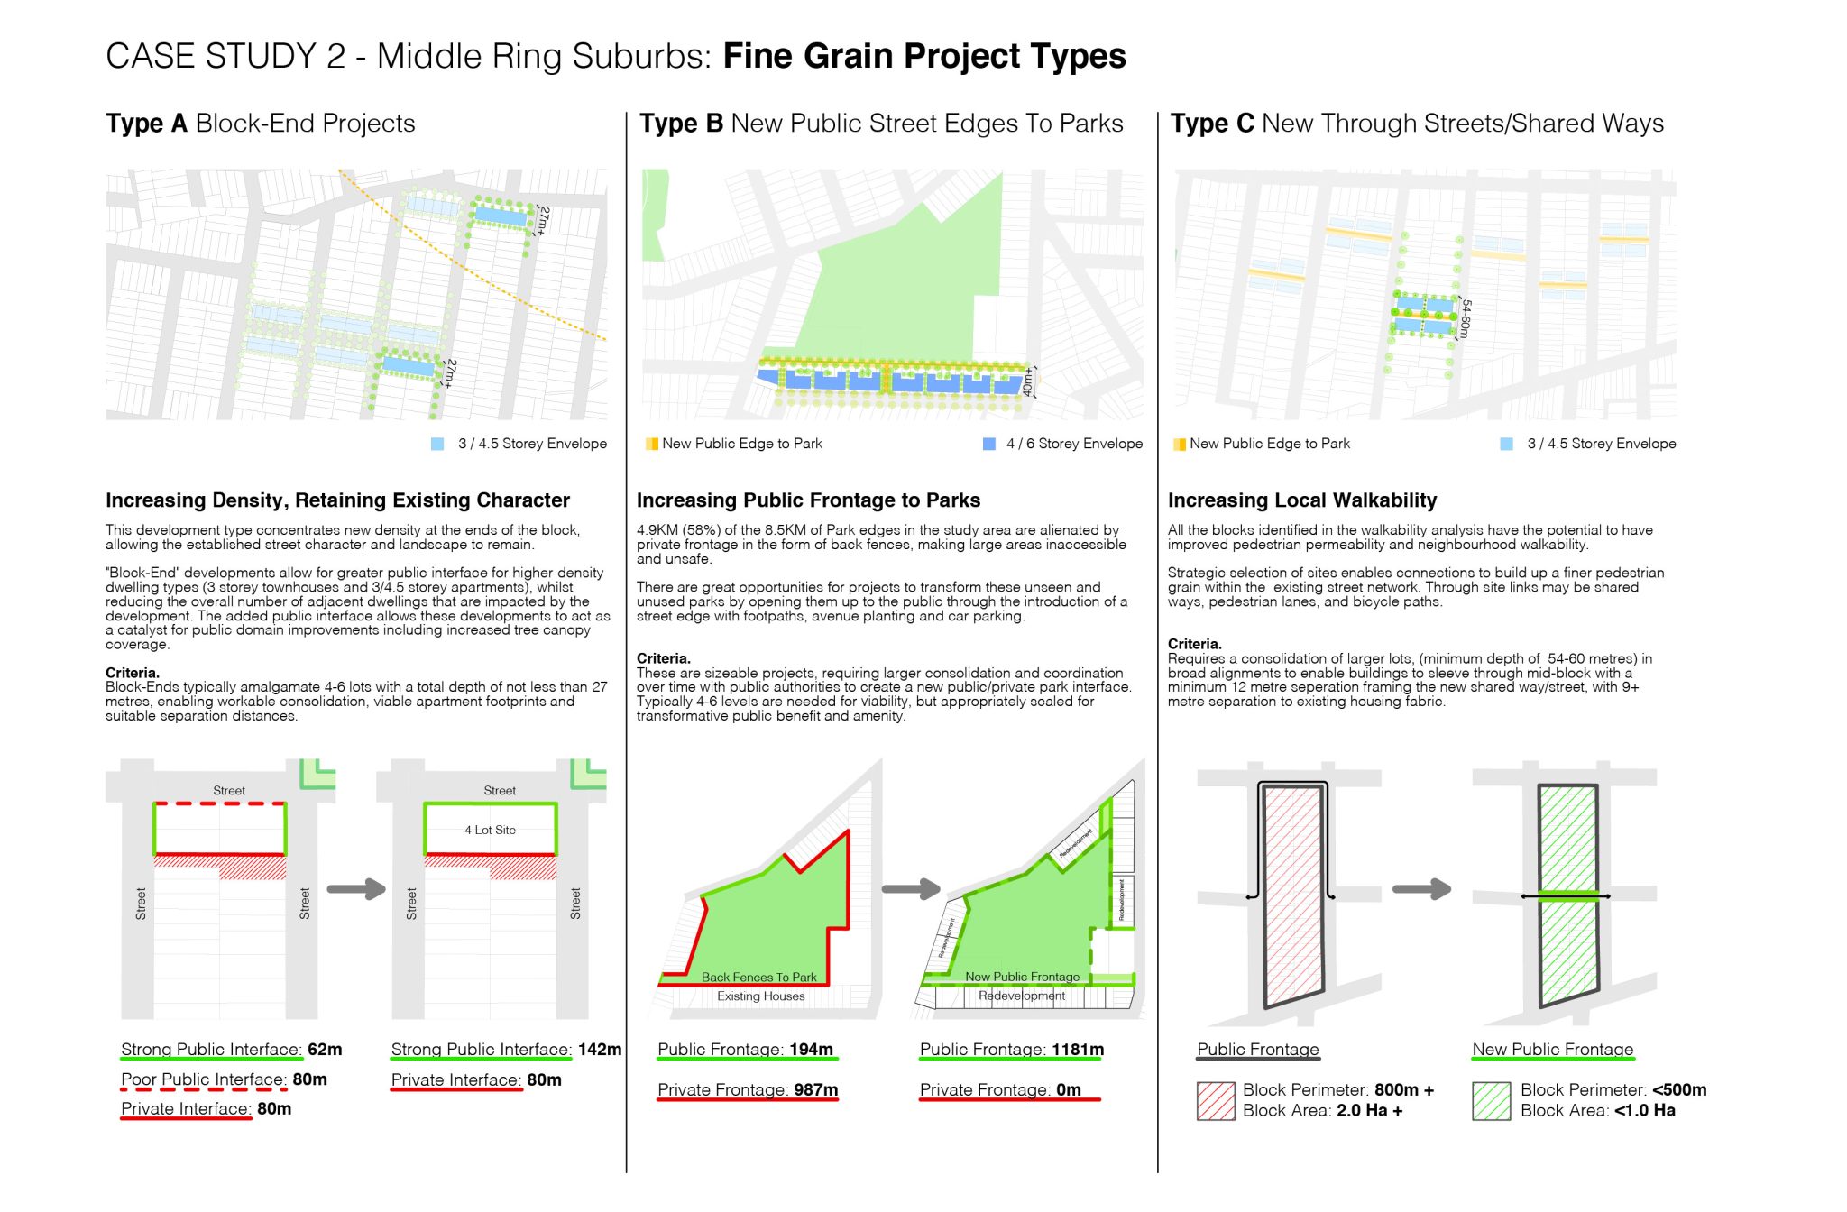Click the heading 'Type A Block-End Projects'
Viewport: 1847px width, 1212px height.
[260, 124]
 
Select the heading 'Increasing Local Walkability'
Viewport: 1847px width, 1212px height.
[1301, 500]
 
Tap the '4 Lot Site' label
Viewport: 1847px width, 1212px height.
[490, 830]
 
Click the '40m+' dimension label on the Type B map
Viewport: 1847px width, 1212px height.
[1027, 382]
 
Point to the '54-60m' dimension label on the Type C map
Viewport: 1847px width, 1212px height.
[1465, 319]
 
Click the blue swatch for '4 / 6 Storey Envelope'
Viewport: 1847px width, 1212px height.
[988, 444]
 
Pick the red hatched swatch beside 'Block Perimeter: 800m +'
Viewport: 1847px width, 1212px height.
[1215, 1100]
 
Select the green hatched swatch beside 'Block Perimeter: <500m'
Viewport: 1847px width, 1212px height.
[1491, 1100]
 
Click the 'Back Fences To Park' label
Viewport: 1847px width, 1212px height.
[758, 977]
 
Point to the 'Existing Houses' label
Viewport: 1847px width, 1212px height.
[760, 996]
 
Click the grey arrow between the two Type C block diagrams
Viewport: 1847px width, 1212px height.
[1421, 889]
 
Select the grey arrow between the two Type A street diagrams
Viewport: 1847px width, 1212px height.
[355, 889]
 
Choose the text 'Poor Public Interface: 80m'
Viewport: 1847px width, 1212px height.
[224, 1079]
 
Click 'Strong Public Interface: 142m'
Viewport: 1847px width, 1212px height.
[505, 1050]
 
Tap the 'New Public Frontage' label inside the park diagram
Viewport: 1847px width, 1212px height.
[1021, 977]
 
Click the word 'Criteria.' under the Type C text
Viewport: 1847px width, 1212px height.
[1194, 644]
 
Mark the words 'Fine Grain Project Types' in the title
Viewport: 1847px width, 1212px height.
[923, 56]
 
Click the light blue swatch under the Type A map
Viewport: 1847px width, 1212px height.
[437, 444]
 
